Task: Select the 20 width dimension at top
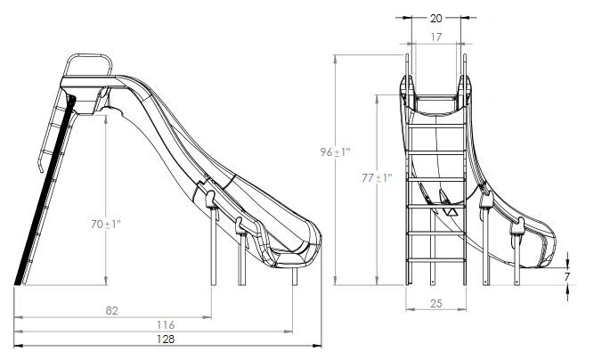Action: click(435, 16)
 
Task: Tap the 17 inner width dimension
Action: click(435, 37)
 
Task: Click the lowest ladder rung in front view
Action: click(435, 261)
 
